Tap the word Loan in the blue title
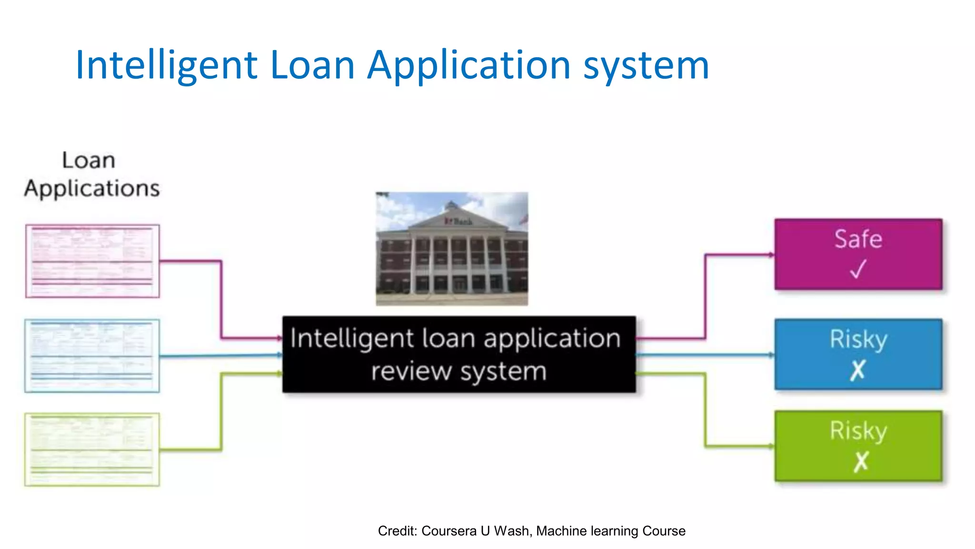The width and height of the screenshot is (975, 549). click(312, 65)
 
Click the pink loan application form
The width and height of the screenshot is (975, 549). click(92, 261)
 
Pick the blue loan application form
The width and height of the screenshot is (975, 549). click(92, 356)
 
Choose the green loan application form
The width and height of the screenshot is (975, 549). click(92, 449)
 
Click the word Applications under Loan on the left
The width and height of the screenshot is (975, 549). click(92, 189)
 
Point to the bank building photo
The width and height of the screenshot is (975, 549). click(452, 248)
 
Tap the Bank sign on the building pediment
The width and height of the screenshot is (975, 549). click(459, 222)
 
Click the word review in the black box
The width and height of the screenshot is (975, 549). click(411, 371)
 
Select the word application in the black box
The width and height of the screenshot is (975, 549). click(552, 339)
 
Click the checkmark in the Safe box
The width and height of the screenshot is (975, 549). click(858, 269)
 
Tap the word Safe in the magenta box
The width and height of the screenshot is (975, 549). click(858, 239)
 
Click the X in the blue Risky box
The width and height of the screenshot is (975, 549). click(858, 370)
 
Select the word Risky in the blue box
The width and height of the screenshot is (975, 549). click(858, 340)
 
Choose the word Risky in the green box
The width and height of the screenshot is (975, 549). click(858, 431)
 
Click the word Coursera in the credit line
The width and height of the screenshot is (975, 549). click(448, 531)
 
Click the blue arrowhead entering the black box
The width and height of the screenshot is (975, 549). click(279, 355)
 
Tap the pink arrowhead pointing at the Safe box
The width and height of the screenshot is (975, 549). click(771, 255)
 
